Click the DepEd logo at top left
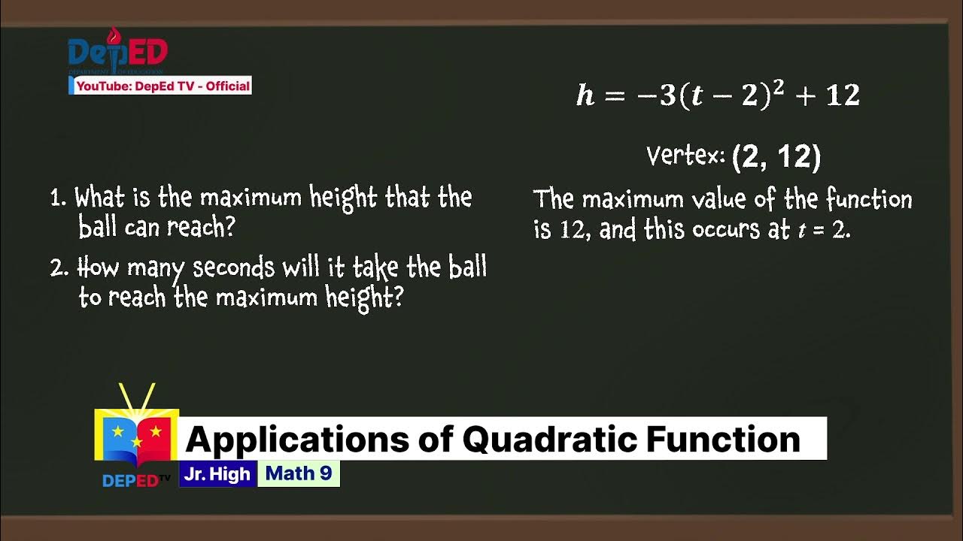(x=117, y=51)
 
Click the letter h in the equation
(x=585, y=96)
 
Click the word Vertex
(x=685, y=156)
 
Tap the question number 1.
(x=57, y=199)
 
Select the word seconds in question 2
(x=234, y=268)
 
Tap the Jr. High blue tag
(x=217, y=474)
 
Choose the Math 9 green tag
(x=299, y=474)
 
